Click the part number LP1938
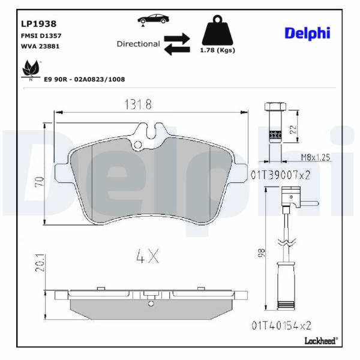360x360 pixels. pos(38,24)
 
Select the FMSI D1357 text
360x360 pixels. pos(41,36)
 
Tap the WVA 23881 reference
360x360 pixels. pos(40,46)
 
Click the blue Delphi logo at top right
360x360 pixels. pos(307,34)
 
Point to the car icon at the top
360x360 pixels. pos(153,19)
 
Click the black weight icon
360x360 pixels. pos(217,30)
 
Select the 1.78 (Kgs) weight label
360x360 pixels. pos(217,50)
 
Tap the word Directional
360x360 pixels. pos(138,44)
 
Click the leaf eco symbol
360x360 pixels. pos(31,69)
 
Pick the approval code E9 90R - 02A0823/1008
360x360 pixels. pos(85,79)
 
